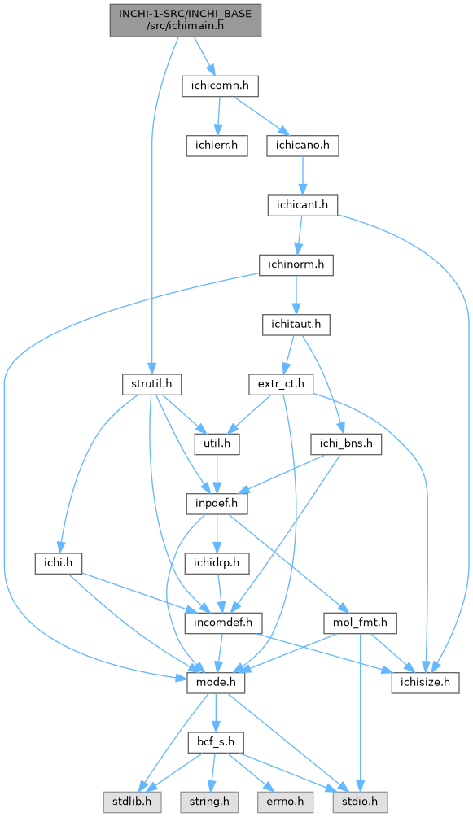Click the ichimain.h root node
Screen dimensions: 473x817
[x=185, y=20]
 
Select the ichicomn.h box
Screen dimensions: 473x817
[x=220, y=85]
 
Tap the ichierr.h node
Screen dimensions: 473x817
[x=217, y=146]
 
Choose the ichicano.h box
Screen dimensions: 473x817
[x=303, y=146]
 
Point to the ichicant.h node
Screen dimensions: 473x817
[x=303, y=205]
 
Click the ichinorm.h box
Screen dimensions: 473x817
[x=296, y=264]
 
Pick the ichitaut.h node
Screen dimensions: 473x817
[x=296, y=325]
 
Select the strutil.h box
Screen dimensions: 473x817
[x=151, y=385]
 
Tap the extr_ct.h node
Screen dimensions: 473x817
[x=281, y=385]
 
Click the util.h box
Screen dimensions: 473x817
[x=217, y=444]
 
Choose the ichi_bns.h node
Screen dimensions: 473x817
[x=346, y=444]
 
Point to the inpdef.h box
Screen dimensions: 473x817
[x=217, y=504]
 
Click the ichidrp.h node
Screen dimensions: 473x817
[x=217, y=564]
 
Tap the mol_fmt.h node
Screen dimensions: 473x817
[x=361, y=623]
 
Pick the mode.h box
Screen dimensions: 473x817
[x=216, y=683]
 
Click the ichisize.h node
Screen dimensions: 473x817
[x=426, y=683]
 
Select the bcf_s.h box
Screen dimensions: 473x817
[x=216, y=742]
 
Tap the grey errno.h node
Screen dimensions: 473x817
[x=285, y=802]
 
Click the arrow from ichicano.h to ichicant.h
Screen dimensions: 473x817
[x=303, y=175]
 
